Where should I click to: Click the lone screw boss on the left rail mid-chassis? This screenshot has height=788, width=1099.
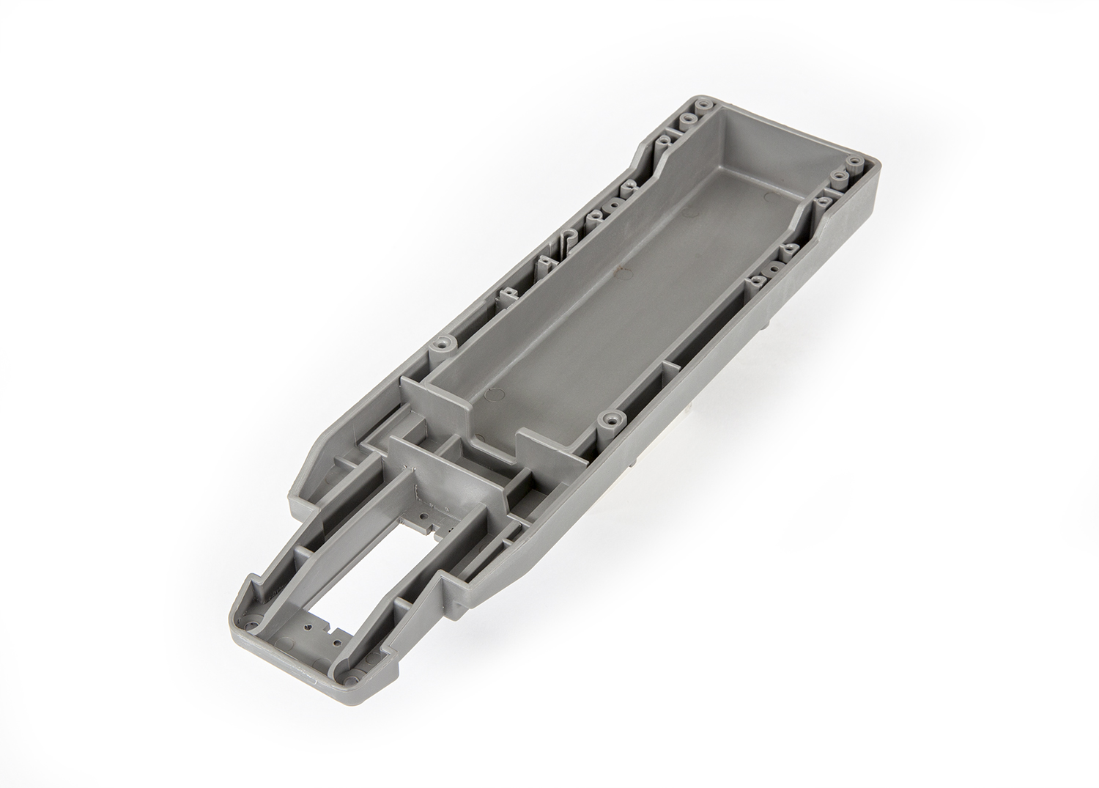pyautogui.click(x=443, y=342)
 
